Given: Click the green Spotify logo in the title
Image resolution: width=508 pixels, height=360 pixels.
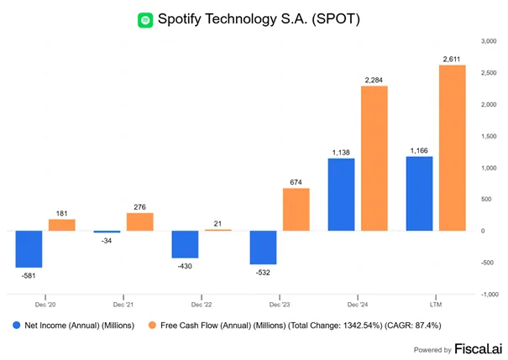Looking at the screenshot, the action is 145,20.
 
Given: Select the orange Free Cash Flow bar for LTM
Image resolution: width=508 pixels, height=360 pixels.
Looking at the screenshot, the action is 453,148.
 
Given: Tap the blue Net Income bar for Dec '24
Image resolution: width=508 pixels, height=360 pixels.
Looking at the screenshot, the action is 341,195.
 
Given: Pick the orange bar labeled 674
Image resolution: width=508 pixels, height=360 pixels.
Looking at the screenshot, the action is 296,210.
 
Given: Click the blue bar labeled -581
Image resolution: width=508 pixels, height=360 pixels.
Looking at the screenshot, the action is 29,249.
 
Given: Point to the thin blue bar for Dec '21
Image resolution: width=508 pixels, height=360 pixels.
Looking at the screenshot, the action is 107,232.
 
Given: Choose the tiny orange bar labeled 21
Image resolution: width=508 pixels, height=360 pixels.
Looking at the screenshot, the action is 218,230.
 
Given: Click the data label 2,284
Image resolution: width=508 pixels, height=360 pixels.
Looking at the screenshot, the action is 374,80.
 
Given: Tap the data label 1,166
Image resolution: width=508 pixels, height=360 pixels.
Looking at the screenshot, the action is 419,150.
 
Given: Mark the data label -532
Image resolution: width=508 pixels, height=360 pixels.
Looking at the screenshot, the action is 263,273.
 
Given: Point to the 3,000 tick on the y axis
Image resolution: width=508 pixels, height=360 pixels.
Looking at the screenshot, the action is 489,41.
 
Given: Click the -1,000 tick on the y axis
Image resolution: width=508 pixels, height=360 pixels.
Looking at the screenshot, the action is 490,295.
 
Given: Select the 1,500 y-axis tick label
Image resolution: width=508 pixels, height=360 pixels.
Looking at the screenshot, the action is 489,136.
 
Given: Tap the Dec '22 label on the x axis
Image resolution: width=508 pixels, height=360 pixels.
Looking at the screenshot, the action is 202,305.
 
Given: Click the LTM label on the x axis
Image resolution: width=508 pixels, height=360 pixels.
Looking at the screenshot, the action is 436,305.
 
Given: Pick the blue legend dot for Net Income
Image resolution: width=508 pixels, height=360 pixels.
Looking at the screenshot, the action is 16,325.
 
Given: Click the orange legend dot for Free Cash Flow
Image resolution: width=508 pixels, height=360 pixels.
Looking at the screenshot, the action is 152,325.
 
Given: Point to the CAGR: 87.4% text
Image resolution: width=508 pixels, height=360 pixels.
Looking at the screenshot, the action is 413,326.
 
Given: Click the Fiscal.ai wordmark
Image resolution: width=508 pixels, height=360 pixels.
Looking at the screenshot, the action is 479,348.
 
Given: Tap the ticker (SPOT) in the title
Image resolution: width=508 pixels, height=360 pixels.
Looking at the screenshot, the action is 336,19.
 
